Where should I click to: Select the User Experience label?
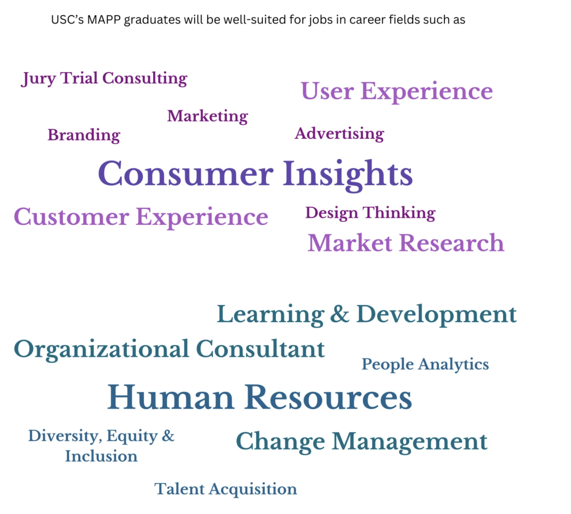pos(397,92)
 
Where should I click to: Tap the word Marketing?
pos(207,116)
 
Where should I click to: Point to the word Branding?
pos(84,135)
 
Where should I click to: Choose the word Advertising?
pos(339,134)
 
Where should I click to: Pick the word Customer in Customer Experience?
pos(72,217)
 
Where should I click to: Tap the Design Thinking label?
pos(371,213)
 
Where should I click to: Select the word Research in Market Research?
pos(452,243)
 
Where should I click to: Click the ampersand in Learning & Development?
pos(340,314)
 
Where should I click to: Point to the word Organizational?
pos(101,349)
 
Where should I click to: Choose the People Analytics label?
pos(425,365)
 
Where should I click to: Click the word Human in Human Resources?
pos(171,397)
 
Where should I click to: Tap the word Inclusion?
pos(101,456)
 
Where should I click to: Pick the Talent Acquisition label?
pos(226,489)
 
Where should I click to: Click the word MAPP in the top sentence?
pos(104,20)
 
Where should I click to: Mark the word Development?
pos(436,315)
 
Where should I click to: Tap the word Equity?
pos(132,437)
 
